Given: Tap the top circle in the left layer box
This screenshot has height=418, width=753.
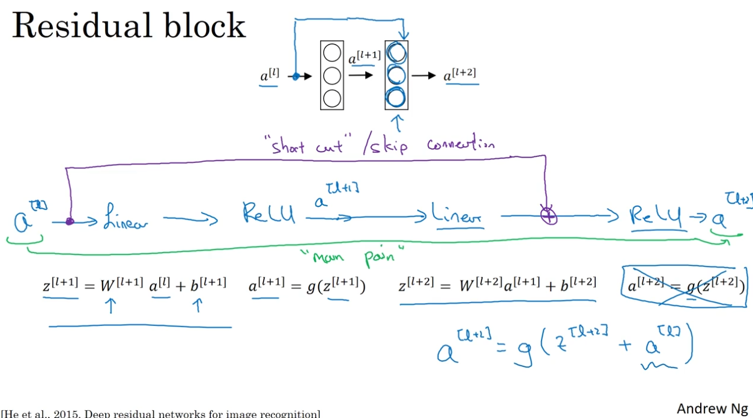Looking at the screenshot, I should [x=331, y=53].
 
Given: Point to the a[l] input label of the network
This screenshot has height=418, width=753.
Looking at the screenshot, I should [x=268, y=77].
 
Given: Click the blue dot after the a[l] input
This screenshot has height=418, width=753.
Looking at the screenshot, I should [x=295, y=76].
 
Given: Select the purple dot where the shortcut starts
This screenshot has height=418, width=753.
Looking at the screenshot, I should [x=69, y=222].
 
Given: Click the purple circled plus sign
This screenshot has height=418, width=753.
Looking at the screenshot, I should [x=549, y=215].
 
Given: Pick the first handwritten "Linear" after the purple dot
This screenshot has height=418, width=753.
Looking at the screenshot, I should [x=125, y=217].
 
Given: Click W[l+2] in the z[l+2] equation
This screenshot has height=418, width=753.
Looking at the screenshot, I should [x=480, y=285].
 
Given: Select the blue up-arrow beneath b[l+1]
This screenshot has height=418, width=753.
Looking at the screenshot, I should [x=198, y=306].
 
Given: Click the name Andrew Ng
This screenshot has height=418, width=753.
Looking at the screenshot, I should [x=712, y=409].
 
